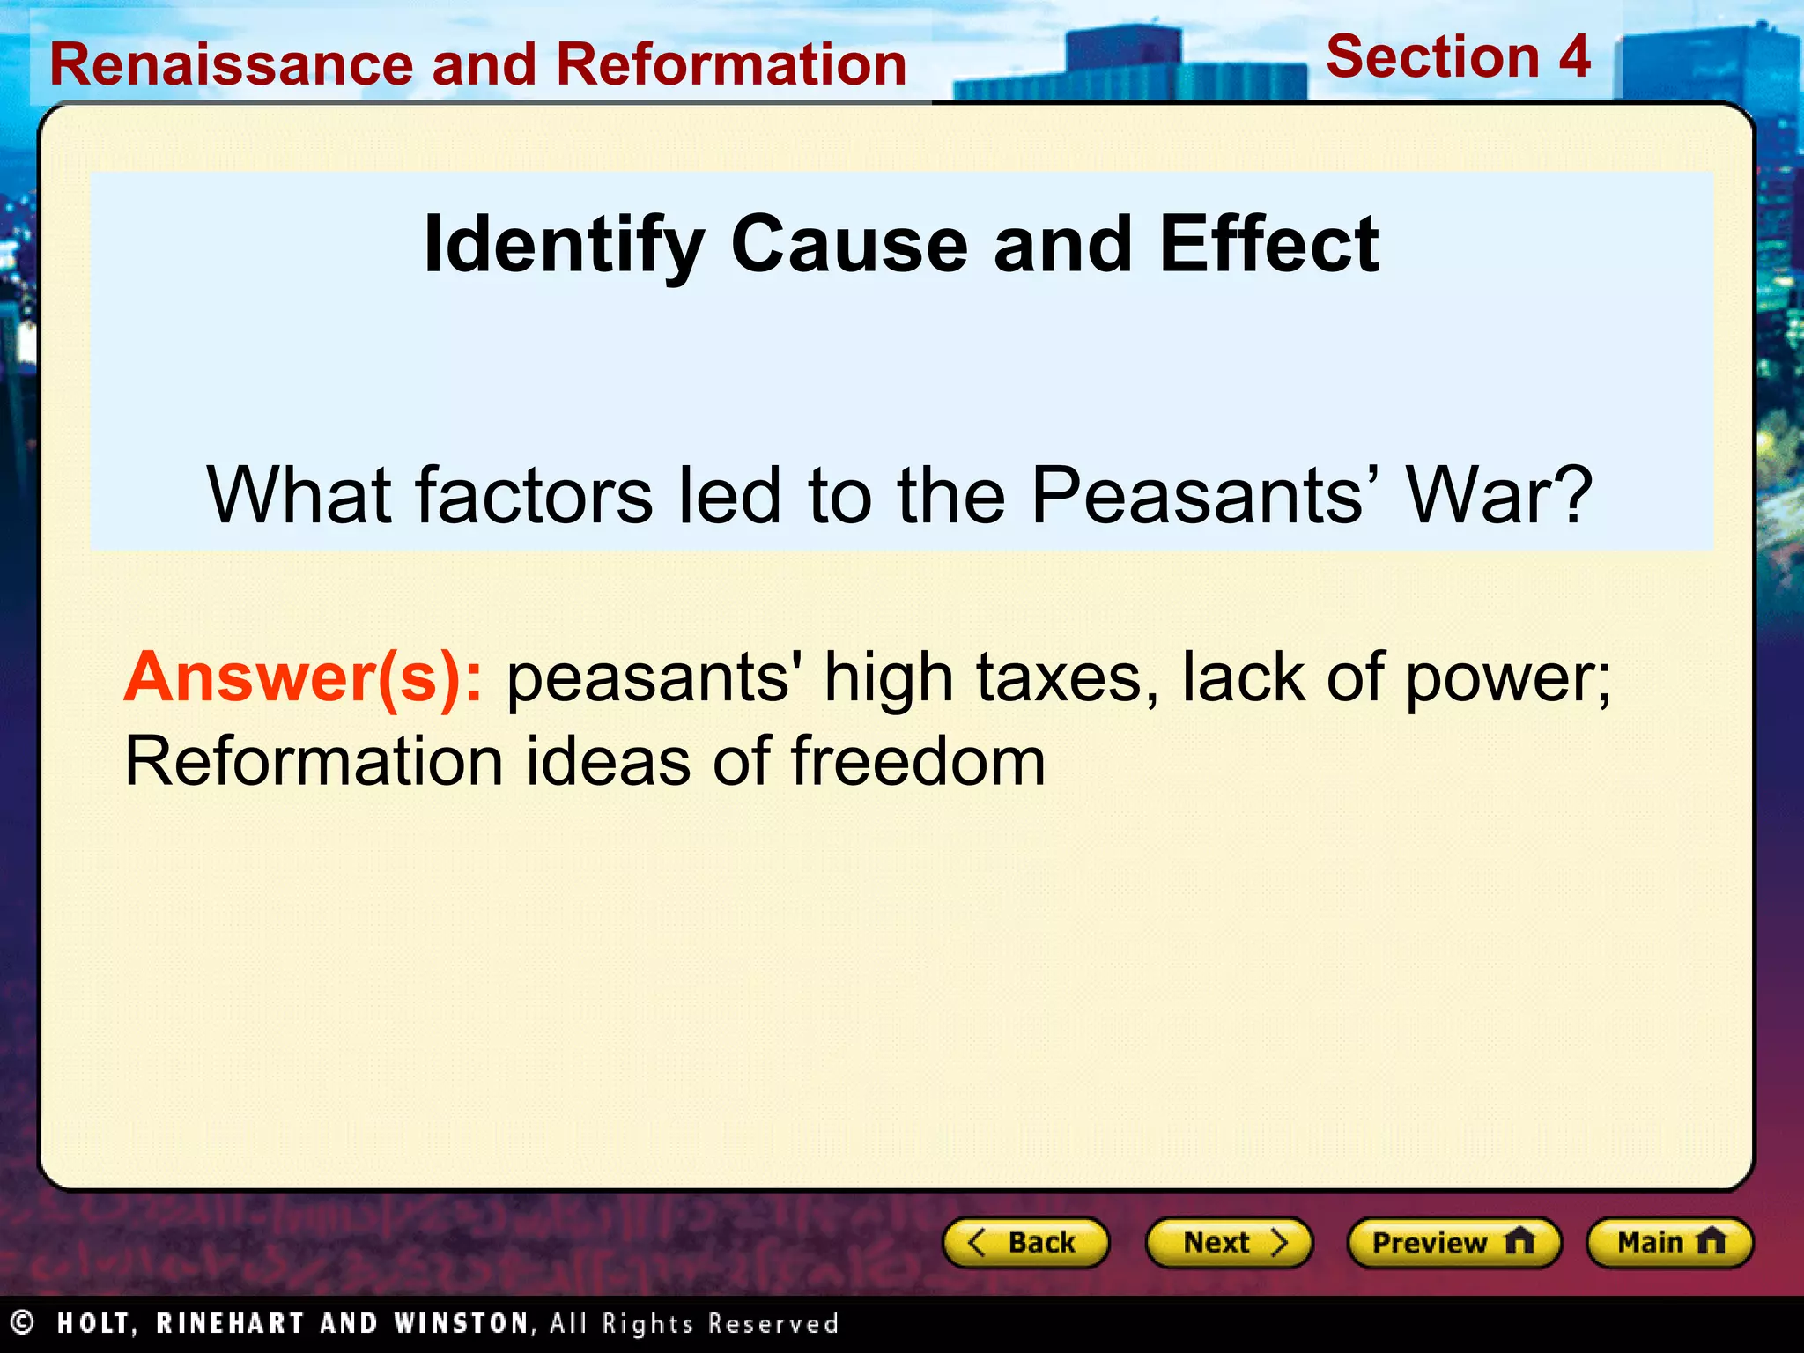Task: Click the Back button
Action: click(1025, 1243)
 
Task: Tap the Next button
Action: click(1229, 1243)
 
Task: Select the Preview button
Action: click(1453, 1243)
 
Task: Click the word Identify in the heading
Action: click(564, 246)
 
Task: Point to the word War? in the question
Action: click(1498, 495)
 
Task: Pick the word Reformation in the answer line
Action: click(314, 761)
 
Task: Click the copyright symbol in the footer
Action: click(21, 1323)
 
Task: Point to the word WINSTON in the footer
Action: click(462, 1324)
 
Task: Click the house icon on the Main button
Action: click(1711, 1241)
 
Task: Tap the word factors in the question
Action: click(534, 495)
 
